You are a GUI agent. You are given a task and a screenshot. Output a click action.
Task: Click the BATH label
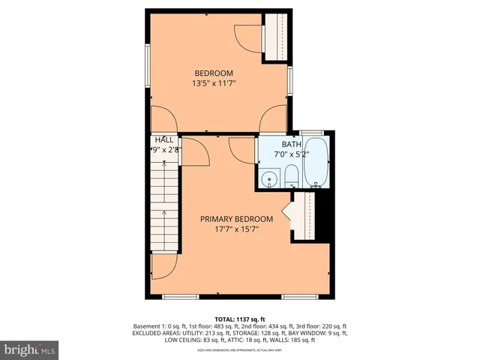[x=290, y=144]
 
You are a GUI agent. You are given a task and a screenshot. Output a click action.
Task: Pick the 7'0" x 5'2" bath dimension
[x=290, y=154]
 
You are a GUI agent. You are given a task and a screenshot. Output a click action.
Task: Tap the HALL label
[x=164, y=139]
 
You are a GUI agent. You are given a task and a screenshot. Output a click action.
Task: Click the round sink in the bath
[x=268, y=179]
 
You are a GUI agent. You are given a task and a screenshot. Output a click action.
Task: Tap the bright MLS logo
[x=29, y=349]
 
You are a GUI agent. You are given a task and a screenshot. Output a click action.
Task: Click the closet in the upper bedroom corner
[x=276, y=37]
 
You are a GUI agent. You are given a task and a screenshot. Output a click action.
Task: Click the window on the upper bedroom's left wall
[x=148, y=67]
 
